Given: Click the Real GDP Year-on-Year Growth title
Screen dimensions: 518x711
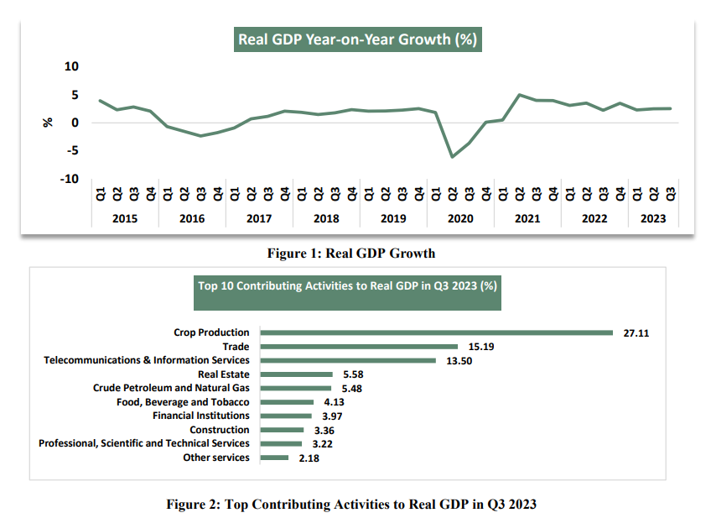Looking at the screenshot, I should pyautogui.click(x=358, y=39).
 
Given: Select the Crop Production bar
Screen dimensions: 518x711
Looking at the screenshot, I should pyautogui.click(x=437, y=332).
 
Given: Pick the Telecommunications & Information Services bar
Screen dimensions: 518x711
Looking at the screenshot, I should pyautogui.click(x=349, y=360).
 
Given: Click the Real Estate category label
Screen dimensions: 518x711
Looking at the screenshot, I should pyautogui.click(x=224, y=374).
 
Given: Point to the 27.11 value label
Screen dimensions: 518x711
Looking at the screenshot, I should pyautogui.click(x=636, y=332).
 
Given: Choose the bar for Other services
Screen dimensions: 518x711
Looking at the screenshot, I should pyautogui.click(x=275, y=458).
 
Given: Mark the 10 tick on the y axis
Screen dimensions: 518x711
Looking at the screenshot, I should pyautogui.click(x=71, y=66).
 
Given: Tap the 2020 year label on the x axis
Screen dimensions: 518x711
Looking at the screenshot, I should pyautogui.click(x=459, y=218).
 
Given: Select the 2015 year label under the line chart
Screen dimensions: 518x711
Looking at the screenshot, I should pyautogui.click(x=124, y=218).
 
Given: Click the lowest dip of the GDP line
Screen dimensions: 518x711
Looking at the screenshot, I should pyautogui.click(x=453, y=157).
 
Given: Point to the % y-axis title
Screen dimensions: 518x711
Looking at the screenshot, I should pyautogui.click(x=48, y=123).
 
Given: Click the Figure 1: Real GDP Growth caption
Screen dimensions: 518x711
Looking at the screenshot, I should pyautogui.click(x=351, y=253).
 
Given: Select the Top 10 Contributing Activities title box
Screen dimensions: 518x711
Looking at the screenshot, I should pyautogui.click(x=347, y=285).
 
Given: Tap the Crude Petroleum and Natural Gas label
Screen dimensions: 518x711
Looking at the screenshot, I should pyautogui.click(x=171, y=388).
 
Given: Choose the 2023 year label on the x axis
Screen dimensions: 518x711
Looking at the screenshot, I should pyautogui.click(x=653, y=218).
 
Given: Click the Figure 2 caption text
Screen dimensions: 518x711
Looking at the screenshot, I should pyautogui.click(x=350, y=504).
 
